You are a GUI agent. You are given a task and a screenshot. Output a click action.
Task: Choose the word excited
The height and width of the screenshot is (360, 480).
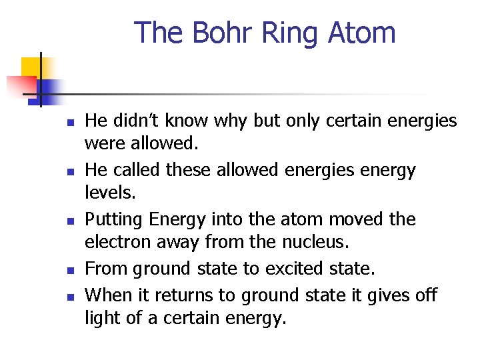tap(293, 269)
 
